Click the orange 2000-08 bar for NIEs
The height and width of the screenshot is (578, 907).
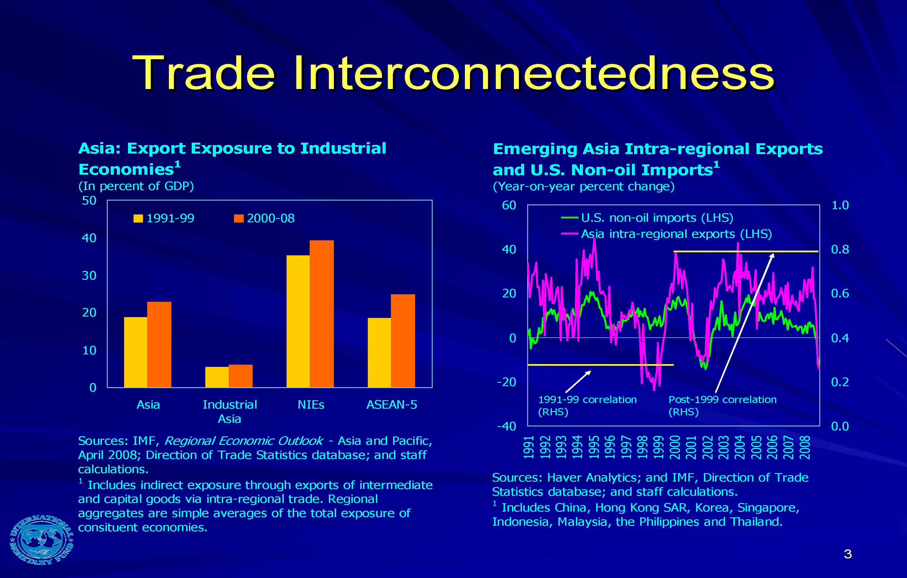[321, 313]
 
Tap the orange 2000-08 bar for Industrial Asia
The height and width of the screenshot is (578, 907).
[240, 376]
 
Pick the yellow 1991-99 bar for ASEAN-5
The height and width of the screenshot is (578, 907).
[379, 352]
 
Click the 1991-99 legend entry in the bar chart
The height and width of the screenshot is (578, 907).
[164, 218]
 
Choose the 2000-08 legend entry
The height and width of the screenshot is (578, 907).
[264, 218]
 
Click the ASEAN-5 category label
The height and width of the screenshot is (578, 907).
[392, 405]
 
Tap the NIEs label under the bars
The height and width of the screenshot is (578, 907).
[311, 405]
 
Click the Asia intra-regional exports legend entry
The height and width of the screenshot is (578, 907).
[667, 234]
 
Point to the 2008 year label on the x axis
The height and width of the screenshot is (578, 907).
[805, 447]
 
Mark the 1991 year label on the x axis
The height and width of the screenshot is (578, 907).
[529, 447]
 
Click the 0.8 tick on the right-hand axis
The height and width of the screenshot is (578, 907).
[840, 249]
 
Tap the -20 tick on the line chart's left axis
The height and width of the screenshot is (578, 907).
[507, 382]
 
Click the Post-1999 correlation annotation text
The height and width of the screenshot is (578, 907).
[722, 405]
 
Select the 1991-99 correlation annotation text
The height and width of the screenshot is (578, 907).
[587, 405]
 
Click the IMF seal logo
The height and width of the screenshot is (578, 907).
[41, 540]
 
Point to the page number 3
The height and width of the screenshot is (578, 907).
[848, 554]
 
